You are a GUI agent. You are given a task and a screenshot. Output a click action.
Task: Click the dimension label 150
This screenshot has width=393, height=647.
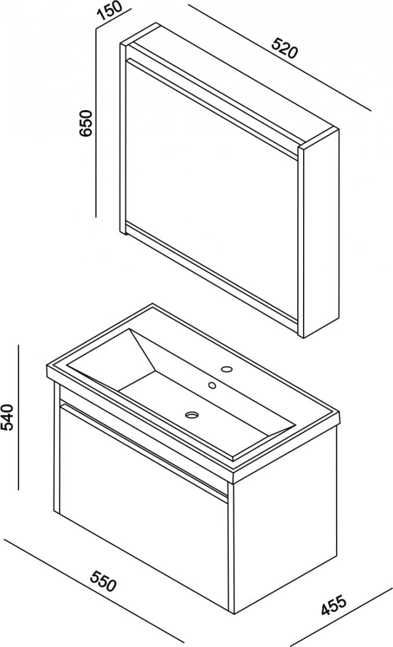pos(109,12)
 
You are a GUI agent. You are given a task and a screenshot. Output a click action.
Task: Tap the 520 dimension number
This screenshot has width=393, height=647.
pos(284,48)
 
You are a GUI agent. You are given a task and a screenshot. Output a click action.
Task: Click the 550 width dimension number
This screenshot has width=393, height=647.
pos(104,581)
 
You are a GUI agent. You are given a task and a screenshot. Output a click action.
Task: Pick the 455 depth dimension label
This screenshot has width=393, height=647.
pos(333,605)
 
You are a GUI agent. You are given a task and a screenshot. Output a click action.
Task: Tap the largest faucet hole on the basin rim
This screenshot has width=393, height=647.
pos(226,369)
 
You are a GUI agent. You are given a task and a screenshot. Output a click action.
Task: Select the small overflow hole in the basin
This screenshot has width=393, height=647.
pos(212,385)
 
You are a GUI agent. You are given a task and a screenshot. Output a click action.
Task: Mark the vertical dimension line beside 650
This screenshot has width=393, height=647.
pos(96,122)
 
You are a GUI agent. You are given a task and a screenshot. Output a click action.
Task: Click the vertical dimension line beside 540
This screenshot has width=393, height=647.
pos(19,417)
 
